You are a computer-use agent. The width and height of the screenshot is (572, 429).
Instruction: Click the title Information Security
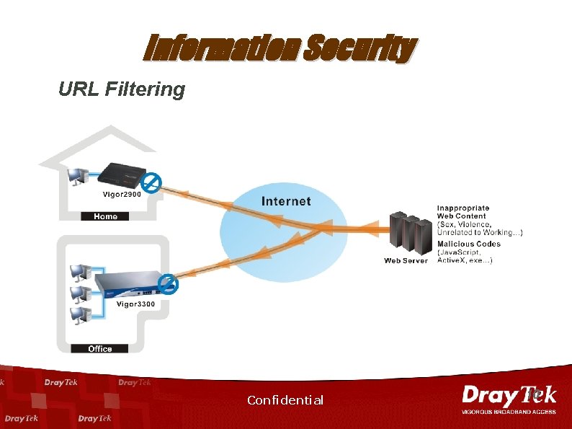[280, 49]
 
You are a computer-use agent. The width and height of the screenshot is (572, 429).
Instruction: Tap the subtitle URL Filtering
[122, 89]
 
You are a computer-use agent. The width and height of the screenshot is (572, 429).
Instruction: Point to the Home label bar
[105, 216]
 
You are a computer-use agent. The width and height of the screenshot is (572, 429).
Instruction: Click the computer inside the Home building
[76, 175]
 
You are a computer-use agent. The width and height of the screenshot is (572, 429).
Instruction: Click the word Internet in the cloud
[286, 202]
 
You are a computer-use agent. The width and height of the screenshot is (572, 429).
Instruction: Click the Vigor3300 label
[135, 304]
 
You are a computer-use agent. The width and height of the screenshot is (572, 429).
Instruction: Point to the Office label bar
[100, 348]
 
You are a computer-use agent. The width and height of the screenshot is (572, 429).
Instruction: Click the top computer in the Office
[78, 271]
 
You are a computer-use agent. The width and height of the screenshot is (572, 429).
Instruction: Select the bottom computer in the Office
[78, 315]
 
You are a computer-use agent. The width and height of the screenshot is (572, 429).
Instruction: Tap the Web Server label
[406, 260]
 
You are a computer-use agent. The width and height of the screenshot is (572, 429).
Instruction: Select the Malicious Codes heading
[469, 244]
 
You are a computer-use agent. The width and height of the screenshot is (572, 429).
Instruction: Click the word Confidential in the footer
[285, 400]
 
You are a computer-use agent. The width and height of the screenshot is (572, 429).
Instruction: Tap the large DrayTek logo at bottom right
[509, 397]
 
